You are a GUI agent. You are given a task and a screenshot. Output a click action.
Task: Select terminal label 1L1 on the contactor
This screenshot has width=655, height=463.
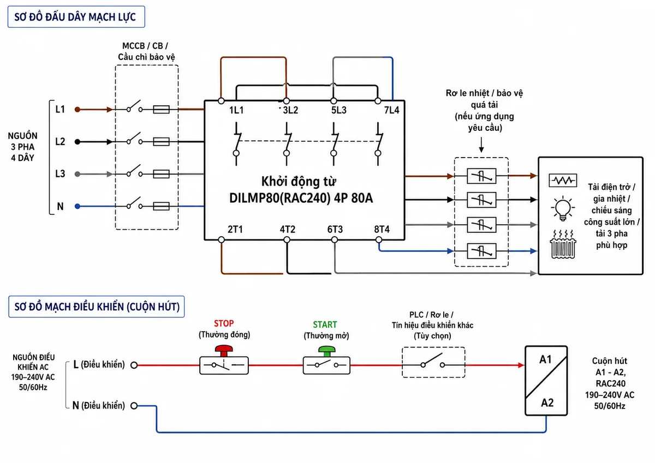click(x=236, y=110)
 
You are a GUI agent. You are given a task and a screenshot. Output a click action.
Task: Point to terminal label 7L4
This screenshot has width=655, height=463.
click(x=391, y=110)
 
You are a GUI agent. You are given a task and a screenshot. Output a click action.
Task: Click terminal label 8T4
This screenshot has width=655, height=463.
click(x=382, y=229)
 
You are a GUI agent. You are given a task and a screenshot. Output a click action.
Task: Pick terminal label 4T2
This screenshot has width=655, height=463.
click(x=288, y=229)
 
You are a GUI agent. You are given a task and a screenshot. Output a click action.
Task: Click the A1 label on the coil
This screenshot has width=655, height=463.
click(x=545, y=359)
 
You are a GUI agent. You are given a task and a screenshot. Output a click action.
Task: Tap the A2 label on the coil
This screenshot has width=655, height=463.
click(x=547, y=403)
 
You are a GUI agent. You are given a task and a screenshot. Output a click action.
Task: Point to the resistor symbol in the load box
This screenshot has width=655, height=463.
click(x=563, y=181)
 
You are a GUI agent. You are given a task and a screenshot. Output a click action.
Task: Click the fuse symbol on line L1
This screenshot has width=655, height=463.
click(x=162, y=110)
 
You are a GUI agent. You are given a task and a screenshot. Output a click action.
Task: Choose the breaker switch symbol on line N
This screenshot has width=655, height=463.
click(x=134, y=203)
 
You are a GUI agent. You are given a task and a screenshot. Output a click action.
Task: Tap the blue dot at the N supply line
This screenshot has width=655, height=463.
click(x=78, y=207)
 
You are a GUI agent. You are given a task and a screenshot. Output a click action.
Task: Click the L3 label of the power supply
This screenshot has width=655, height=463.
click(x=60, y=174)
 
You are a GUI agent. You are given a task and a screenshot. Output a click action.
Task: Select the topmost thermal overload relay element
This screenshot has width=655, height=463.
click(x=481, y=176)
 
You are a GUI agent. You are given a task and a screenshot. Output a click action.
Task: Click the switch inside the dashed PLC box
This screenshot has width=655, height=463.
click(x=433, y=362)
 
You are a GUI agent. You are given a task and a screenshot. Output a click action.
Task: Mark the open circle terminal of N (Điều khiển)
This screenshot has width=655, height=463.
click(x=134, y=406)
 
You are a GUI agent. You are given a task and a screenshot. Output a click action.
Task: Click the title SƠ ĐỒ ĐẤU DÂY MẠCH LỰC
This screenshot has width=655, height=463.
click(x=75, y=17)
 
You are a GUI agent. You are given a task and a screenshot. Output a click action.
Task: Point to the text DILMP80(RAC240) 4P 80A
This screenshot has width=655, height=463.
click(x=301, y=198)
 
